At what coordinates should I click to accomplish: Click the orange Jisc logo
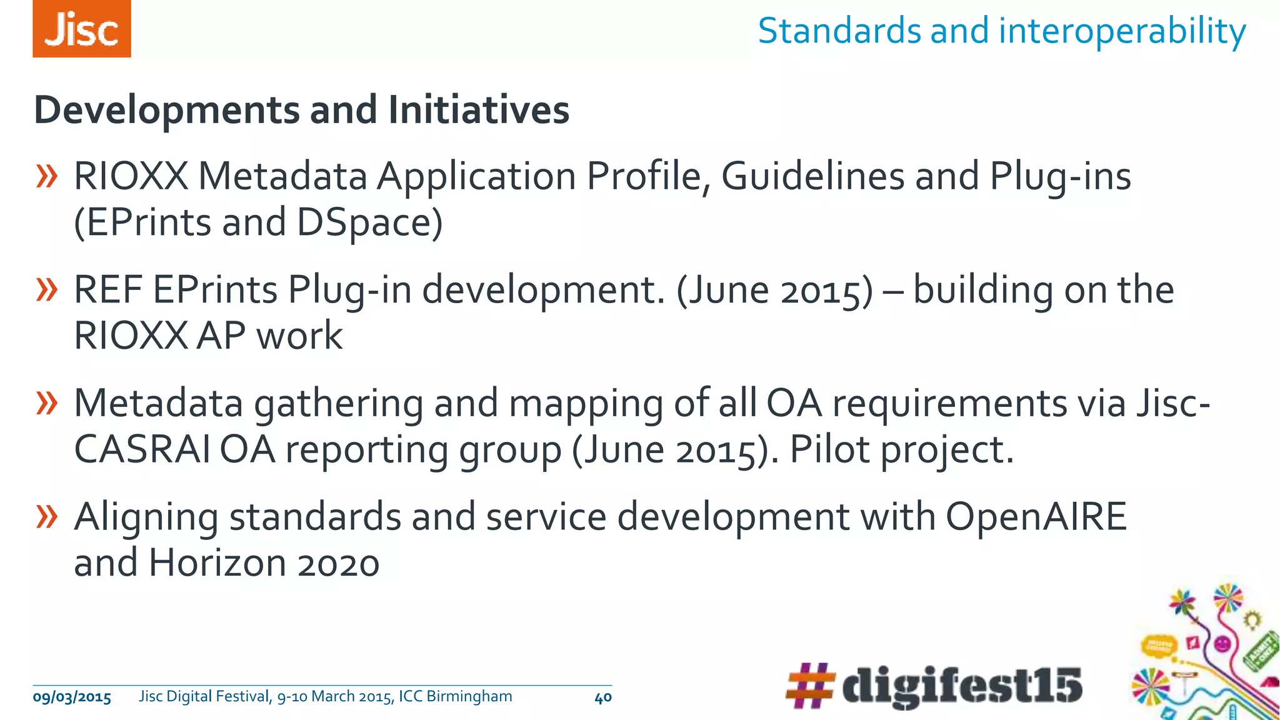82,29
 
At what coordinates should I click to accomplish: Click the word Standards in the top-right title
839,31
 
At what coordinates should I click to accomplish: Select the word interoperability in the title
1122,31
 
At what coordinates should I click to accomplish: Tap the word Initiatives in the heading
478,110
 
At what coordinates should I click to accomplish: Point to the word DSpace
369,222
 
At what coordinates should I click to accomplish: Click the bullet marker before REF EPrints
47,290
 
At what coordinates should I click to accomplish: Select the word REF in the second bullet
108,290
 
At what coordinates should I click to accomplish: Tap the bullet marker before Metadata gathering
47,404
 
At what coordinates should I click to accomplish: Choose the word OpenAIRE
1036,517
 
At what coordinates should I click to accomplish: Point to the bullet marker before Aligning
47,517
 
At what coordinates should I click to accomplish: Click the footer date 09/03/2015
72,697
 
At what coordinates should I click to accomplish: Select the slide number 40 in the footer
602,697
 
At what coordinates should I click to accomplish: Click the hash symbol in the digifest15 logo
811,686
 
